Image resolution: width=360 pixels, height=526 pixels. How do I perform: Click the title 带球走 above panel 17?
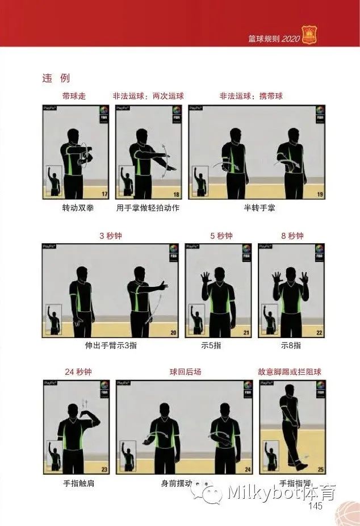(74, 96)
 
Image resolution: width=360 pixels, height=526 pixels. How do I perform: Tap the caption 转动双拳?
(78, 208)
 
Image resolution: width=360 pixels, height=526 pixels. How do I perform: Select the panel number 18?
(176, 194)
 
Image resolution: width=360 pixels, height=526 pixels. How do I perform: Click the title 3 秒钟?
(111, 236)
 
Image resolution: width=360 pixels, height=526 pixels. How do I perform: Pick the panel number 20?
(173, 333)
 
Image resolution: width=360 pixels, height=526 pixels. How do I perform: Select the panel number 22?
(319, 333)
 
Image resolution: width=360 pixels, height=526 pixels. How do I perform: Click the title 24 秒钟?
(78, 372)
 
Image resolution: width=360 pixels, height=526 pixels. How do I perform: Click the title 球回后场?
(185, 372)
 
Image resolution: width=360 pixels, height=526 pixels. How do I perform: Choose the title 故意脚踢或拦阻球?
(290, 372)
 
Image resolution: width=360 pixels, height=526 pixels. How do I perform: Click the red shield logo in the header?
(309, 35)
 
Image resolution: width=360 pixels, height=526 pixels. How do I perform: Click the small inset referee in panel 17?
(55, 181)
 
